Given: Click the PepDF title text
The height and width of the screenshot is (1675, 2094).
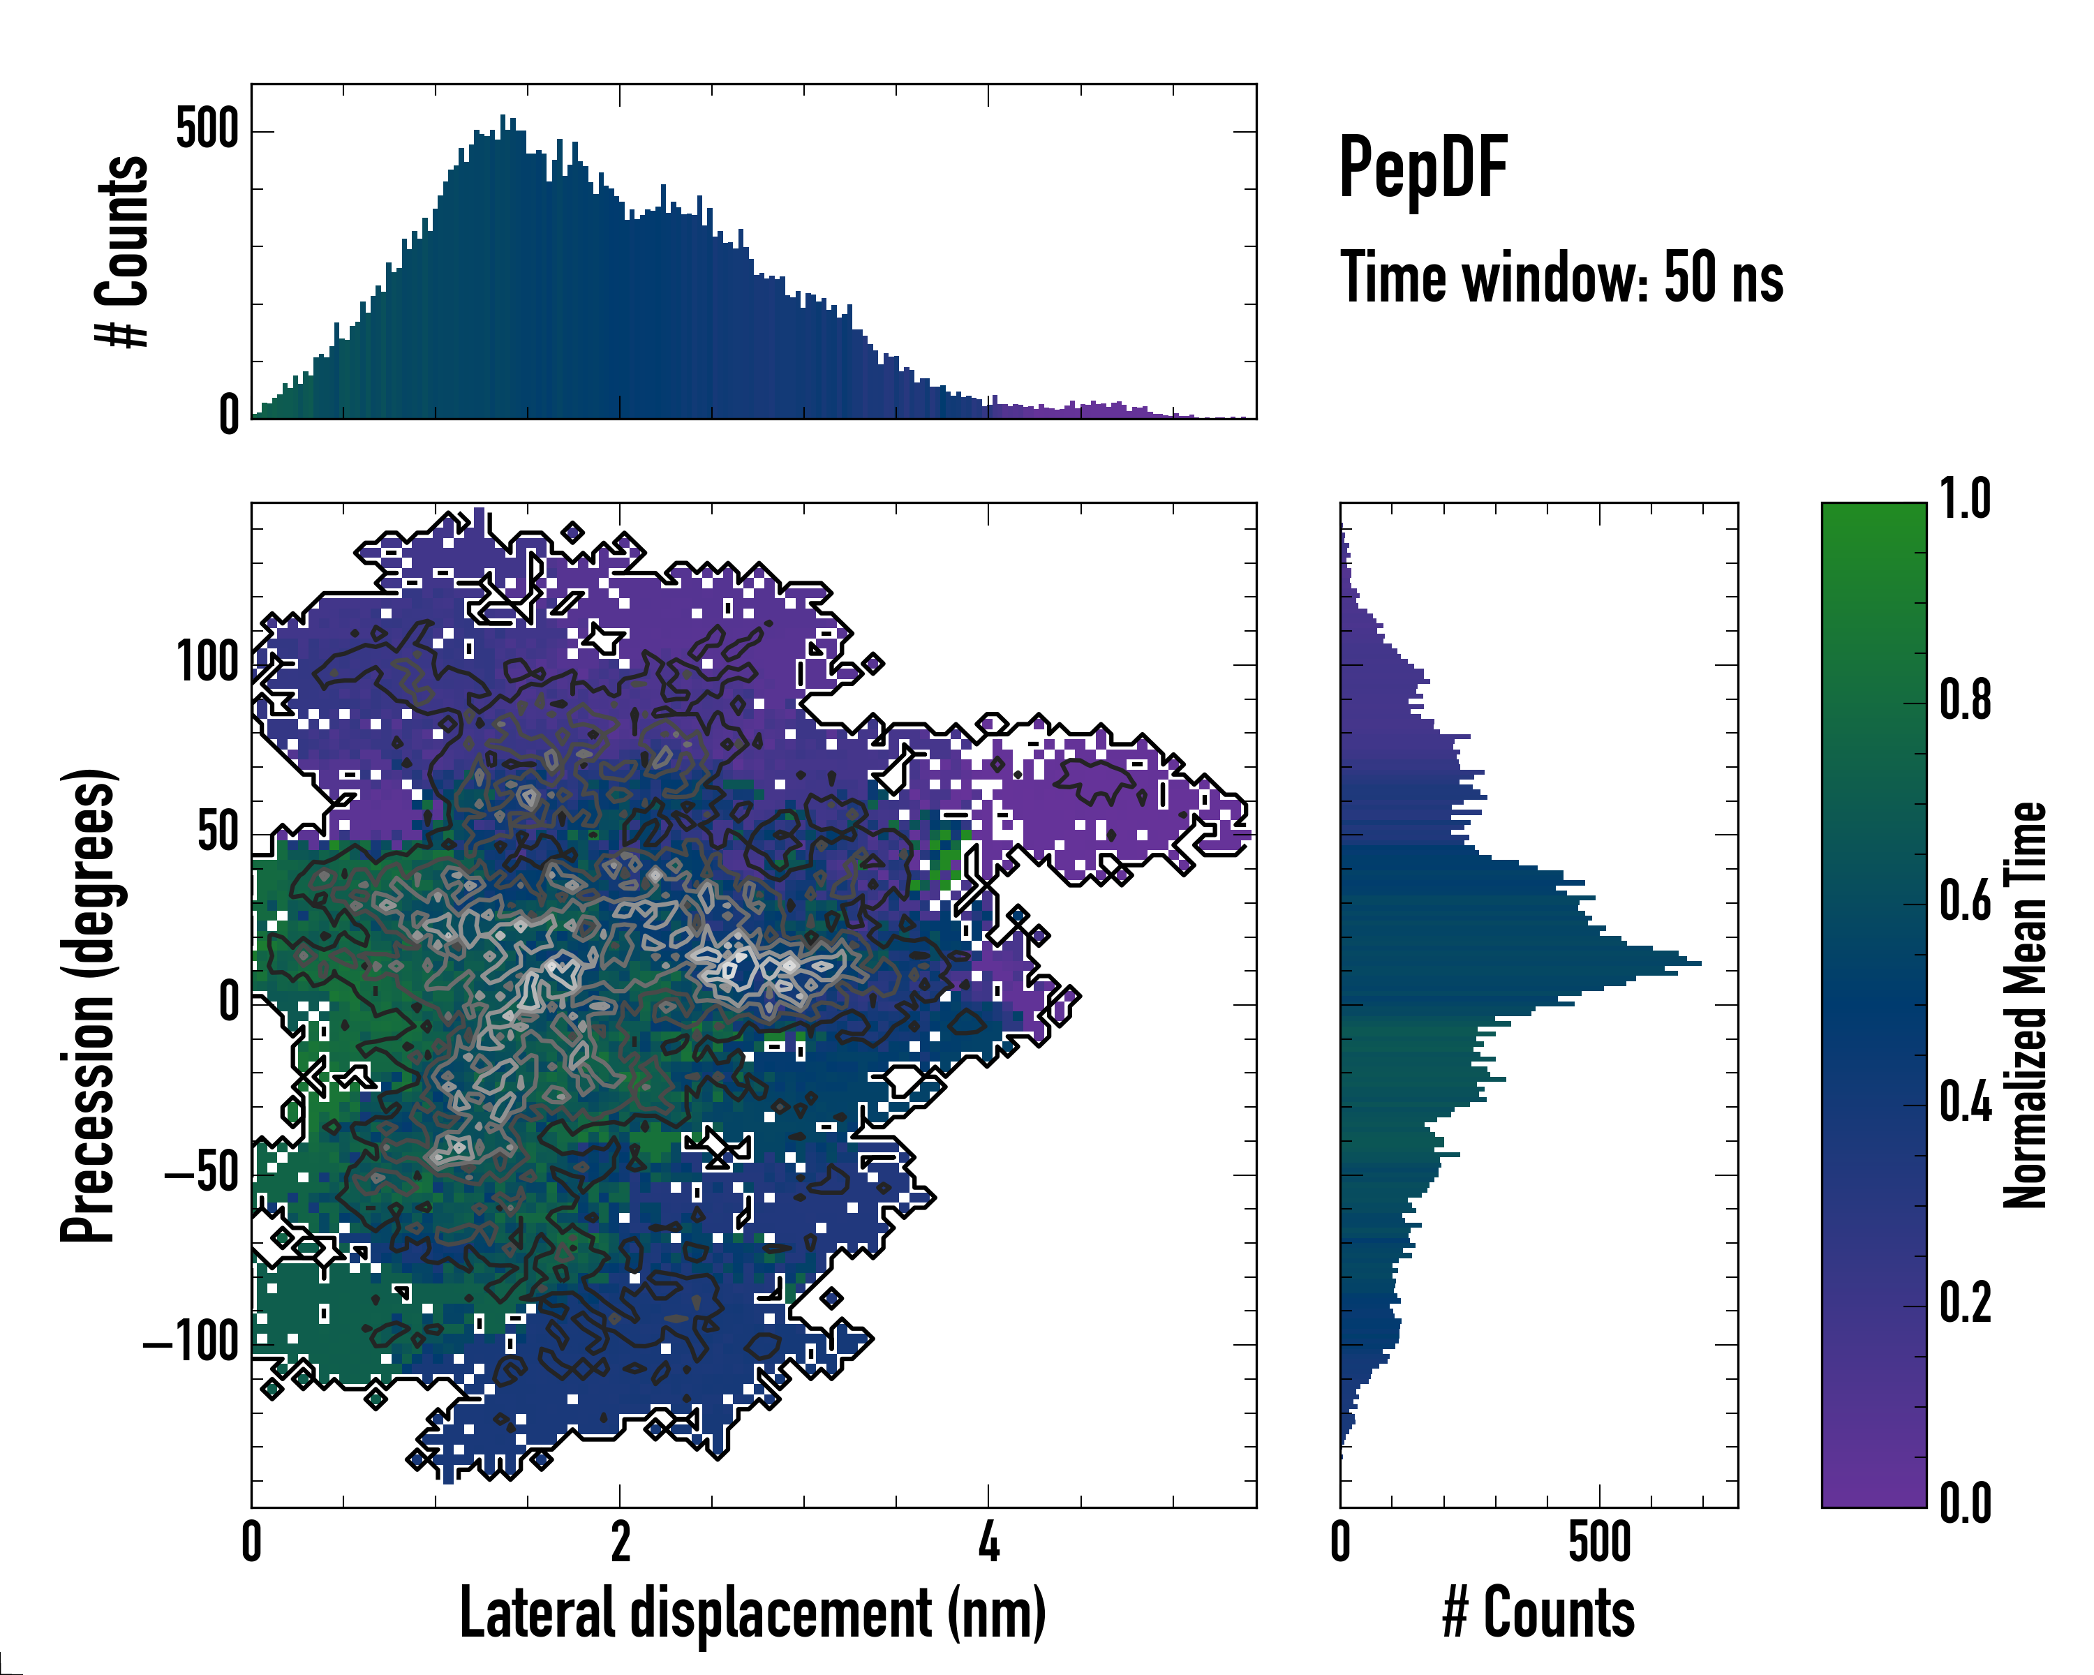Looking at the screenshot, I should (1423, 167).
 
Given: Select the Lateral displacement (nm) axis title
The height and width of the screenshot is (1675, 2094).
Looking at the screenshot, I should (752, 1613).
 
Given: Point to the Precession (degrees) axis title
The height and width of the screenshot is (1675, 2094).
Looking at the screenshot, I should (89, 1005).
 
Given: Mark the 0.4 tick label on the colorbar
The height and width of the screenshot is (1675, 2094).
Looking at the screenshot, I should (1965, 1103).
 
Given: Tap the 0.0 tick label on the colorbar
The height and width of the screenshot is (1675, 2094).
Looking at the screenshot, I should (1965, 1504).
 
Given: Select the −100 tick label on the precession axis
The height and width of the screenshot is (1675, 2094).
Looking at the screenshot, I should (191, 1344).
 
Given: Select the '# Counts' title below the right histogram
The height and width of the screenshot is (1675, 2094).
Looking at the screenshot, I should (1538, 1613).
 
